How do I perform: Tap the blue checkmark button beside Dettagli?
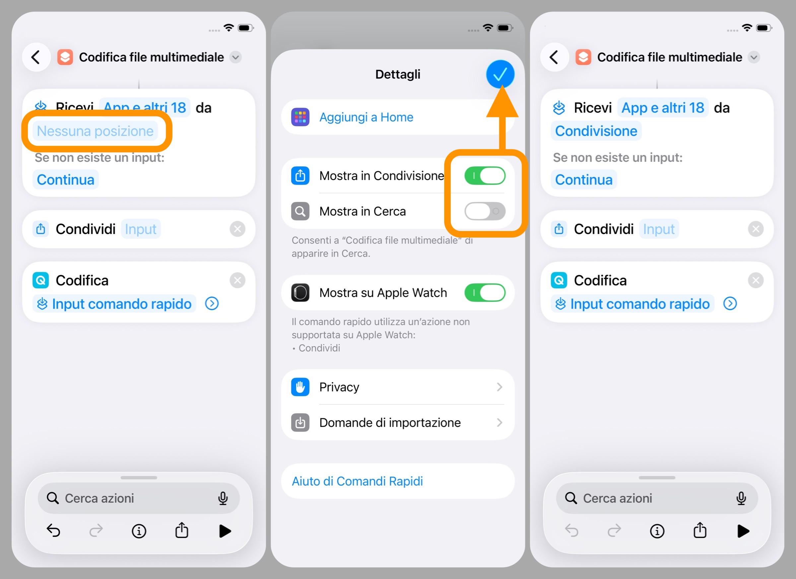[x=500, y=74]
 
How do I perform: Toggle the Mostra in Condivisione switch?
[x=485, y=176]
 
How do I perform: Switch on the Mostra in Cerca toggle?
[x=485, y=211]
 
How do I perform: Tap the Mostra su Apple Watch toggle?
[x=485, y=292]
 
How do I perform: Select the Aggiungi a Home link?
[x=366, y=117]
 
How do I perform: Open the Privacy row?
[x=398, y=387]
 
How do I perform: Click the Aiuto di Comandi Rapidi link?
[x=357, y=481]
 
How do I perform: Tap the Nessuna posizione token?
[x=95, y=131]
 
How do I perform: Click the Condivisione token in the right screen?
[x=596, y=131]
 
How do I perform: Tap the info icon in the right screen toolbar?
[x=657, y=531]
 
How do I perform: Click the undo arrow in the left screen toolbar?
[x=53, y=531]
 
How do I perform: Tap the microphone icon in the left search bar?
[x=223, y=498]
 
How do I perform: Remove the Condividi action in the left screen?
[x=237, y=229]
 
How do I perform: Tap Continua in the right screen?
[x=584, y=180]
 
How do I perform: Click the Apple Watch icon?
[x=300, y=292]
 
